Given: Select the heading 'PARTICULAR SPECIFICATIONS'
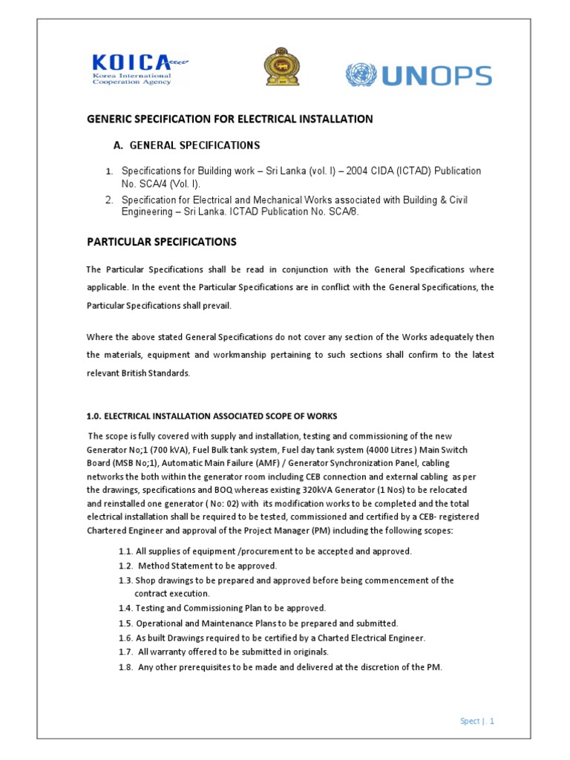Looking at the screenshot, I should tap(162, 242).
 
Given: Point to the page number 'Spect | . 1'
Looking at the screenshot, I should tap(476, 721).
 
